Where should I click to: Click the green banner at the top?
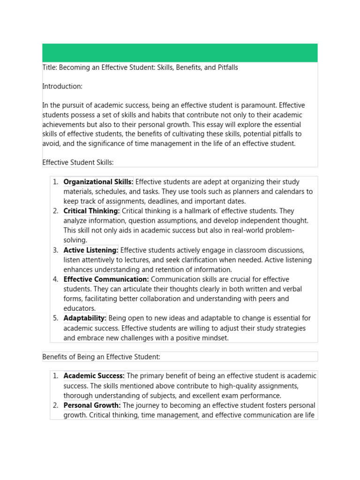(180, 53)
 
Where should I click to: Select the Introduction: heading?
(62, 86)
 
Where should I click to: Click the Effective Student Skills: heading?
(78, 162)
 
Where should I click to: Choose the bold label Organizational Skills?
(98, 182)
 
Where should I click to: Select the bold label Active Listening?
(91, 250)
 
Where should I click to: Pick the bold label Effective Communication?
(106, 279)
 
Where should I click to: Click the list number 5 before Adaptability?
(55, 318)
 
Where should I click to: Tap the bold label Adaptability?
(85, 318)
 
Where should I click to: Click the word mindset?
(214, 338)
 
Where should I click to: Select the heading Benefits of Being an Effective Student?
(101, 357)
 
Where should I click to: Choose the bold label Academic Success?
(94, 376)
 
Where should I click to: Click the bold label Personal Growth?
(92, 405)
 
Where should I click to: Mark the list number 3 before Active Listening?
(55, 250)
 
